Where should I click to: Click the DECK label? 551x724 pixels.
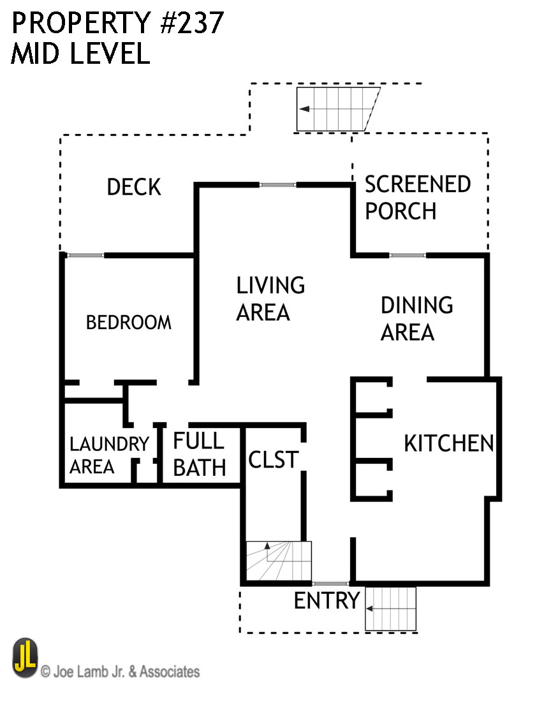(134, 188)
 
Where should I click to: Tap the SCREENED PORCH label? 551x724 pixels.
(417, 198)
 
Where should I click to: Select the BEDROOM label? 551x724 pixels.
(129, 322)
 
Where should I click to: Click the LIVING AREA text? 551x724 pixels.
(270, 299)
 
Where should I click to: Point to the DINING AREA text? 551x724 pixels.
(416, 318)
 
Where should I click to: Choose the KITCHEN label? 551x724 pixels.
(448, 443)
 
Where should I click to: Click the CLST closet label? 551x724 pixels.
(273, 459)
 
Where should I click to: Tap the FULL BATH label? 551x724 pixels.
(200, 454)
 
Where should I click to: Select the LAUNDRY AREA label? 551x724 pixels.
(108, 455)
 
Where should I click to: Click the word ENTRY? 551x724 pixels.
(327, 601)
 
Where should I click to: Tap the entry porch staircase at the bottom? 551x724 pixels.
(390, 609)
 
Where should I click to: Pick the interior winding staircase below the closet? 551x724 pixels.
(278, 561)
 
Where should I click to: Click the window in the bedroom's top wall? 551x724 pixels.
(85, 256)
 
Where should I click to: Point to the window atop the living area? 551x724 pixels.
(277, 185)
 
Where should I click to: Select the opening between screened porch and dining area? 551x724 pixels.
(408, 256)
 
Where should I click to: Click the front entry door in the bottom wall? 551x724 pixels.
(330, 584)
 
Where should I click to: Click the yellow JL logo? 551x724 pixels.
(25, 659)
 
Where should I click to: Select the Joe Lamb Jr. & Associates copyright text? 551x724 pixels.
(121, 671)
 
